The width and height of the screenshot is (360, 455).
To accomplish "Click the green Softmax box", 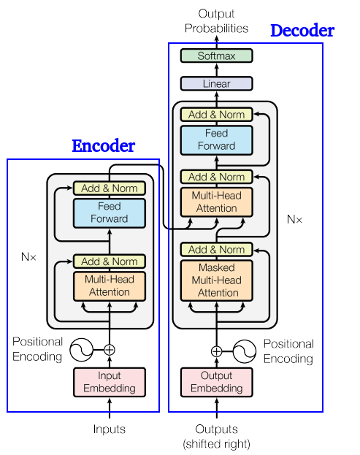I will tap(216, 56).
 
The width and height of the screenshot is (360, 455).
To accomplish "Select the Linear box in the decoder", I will tap(216, 84).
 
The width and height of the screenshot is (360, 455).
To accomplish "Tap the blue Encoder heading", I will tap(103, 146).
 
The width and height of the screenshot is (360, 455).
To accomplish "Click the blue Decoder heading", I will tap(302, 31).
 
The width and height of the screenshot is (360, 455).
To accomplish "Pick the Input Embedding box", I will tap(110, 382).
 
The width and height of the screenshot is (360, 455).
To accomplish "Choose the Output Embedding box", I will tap(216, 382).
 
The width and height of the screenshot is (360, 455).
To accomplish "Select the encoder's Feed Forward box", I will tap(110, 213).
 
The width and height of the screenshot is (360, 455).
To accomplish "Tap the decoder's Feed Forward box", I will tap(216, 139).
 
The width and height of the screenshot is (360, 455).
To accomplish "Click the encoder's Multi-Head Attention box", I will tap(110, 286).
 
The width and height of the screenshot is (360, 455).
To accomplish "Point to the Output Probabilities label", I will tap(216, 21).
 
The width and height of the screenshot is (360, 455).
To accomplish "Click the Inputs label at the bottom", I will tap(110, 429).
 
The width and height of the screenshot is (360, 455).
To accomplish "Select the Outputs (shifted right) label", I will tap(216, 436).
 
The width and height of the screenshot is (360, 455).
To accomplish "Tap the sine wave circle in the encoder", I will tap(81, 350).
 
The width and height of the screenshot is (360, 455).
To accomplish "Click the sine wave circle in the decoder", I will tap(245, 351).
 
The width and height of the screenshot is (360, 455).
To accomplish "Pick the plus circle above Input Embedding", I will tap(110, 350).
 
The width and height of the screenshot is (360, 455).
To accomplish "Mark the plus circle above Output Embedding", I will tap(216, 351).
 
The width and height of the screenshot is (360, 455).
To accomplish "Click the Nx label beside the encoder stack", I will tap(28, 257).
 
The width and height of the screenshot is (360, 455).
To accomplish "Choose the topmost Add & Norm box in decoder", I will tap(216, 115).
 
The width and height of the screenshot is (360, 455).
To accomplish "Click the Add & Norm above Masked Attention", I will tap(216, 250).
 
